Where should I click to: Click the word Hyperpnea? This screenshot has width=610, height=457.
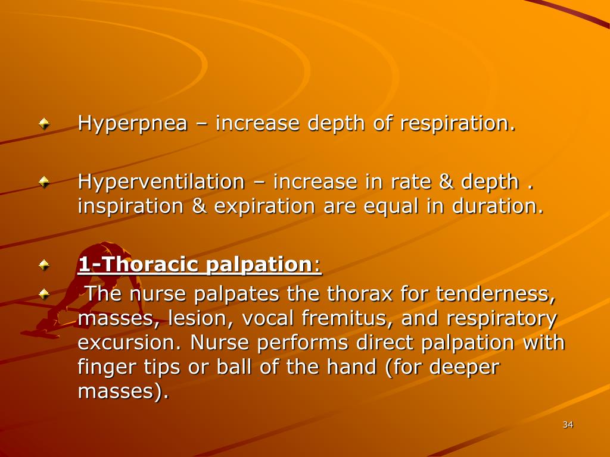[x=133, y=124]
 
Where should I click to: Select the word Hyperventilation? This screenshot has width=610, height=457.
[x=161, y=181]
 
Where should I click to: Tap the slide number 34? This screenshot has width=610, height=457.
[x=567, y=424]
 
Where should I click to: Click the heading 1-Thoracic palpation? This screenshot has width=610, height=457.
[x=199, y=264]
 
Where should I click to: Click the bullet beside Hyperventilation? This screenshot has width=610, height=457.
[x=44, y=183]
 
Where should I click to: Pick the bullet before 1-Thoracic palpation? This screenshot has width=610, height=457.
[x=44, y=265]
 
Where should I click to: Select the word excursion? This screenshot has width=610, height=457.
[x=130, y=343]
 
